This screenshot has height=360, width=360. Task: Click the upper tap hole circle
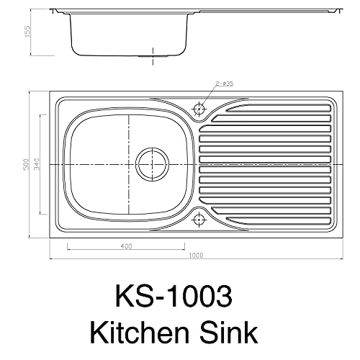pos(199,109)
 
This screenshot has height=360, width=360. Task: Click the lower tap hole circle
pos(199,219)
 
